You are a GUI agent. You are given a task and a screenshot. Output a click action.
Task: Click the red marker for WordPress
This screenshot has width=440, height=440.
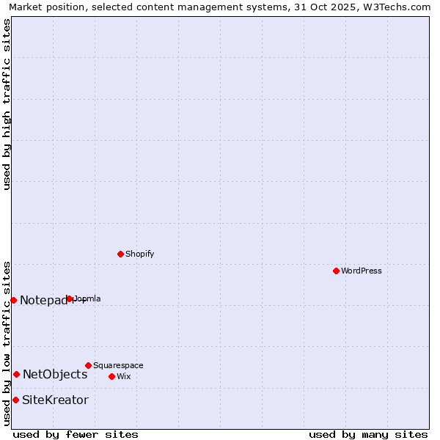(336, 271)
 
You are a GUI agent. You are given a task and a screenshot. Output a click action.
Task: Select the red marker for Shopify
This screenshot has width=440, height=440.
(120, 254)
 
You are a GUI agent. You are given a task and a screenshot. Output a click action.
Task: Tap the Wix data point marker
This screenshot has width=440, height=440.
(111, 376)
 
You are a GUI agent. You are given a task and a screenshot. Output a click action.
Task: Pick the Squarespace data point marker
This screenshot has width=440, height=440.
(88, 365)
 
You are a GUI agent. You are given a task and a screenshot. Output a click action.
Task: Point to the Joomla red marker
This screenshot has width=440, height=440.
(70, 298)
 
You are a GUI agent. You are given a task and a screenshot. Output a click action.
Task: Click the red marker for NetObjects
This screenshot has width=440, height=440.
(16, 374)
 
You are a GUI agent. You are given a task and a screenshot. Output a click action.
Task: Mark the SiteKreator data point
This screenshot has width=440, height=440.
(15, 400)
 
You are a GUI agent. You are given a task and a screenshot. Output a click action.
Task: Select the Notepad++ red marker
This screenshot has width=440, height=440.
(13, 300)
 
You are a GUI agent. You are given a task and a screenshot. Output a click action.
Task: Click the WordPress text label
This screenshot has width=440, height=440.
(362, 271)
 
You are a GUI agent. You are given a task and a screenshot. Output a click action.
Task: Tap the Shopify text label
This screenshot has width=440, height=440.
(139, 254)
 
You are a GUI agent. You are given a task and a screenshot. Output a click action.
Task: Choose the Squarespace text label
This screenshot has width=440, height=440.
(118, 365)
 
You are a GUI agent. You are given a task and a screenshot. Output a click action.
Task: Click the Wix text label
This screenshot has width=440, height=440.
(123, 376)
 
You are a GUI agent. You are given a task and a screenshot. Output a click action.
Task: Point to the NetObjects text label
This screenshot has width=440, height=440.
(55, 374)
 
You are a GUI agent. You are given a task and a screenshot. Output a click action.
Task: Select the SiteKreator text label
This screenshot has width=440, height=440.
(55, 400)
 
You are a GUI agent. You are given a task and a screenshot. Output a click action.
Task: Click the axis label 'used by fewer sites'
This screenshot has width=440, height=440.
(76, 434)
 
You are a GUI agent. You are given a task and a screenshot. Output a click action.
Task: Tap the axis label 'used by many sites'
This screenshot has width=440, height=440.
(368, 434)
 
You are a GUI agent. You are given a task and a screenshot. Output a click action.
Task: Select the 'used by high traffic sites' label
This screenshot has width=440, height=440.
(7, 104)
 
